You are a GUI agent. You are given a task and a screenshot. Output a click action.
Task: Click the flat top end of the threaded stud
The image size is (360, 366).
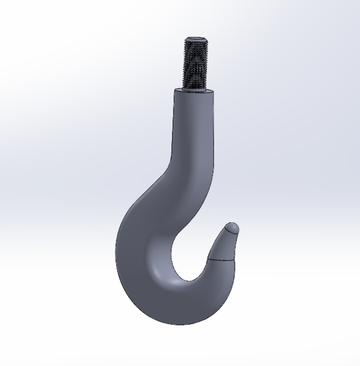pyautogui.click(x=195, y=39)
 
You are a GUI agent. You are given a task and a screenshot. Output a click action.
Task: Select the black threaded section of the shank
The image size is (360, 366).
pyautogui.click(x=195, y=63)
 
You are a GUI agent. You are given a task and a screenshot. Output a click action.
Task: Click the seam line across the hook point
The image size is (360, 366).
pyautogui.click(x=222, y=260)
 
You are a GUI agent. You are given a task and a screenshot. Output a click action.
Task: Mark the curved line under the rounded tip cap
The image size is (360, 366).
pyautogui.click(x=230, y=234)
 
